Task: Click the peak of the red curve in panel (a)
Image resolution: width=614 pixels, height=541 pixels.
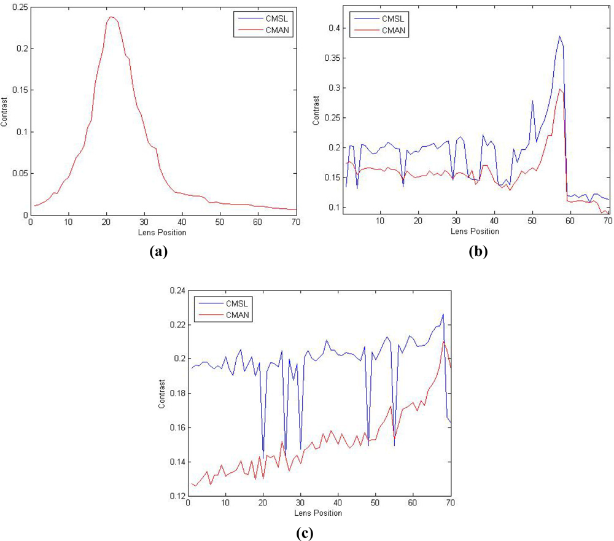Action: (111, 17)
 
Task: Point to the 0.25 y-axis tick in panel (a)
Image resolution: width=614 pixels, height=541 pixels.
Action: (20, 6)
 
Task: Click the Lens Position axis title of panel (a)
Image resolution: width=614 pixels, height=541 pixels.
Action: (163, 232)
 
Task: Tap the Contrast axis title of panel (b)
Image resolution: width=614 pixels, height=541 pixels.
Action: (316, 110)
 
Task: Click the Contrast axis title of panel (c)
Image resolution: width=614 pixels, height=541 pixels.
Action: (162, 394)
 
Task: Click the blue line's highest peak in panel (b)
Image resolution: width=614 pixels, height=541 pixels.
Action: (559, 36)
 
